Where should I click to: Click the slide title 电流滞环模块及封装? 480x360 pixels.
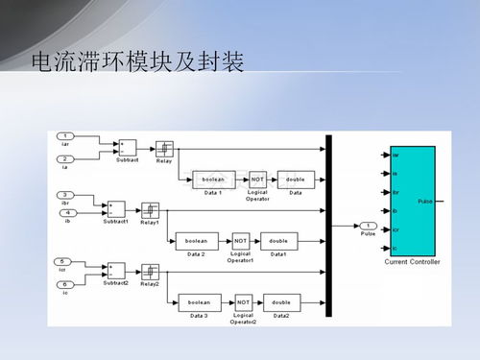[136, 63]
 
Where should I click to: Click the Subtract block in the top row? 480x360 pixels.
[127, 148]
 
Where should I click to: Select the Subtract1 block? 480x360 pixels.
[115, 209]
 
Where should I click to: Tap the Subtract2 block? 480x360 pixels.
[115, 271]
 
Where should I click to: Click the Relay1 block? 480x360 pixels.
[150, 209]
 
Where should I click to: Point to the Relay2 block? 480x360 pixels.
[150, 271]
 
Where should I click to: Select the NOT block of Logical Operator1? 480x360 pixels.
[241, 240]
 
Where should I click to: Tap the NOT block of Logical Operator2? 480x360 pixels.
[244, 302]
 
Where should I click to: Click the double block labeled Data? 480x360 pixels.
[294, 179]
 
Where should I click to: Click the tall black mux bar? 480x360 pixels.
[328, 227]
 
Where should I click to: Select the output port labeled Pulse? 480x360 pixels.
[368, 226]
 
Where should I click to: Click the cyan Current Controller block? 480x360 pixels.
[411, 201]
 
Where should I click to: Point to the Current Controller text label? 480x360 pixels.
[411, 261]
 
